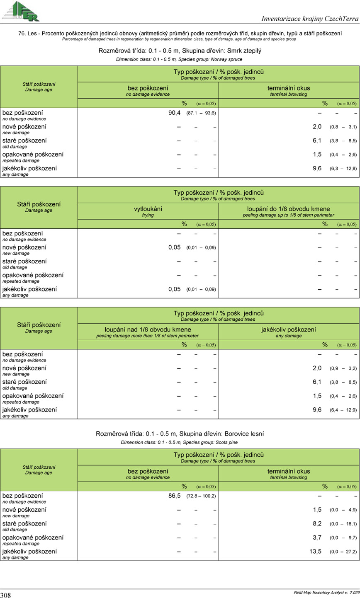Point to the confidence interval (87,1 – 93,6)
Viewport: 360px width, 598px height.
point(202,113)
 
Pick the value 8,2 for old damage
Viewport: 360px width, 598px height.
point(317,523)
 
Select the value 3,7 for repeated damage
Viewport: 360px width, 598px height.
point(317,537)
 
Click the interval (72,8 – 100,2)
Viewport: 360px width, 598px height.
point(202,496)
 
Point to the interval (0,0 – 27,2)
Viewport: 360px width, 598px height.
point(343,552)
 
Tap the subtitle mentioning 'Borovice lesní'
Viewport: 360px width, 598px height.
point(180,434)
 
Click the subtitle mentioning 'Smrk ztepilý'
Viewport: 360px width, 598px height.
point(180,51)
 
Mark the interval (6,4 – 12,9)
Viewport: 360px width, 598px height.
point(343,410)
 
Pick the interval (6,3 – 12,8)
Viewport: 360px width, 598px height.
point(343,169)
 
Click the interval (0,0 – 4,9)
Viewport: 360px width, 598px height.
point(343,510)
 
